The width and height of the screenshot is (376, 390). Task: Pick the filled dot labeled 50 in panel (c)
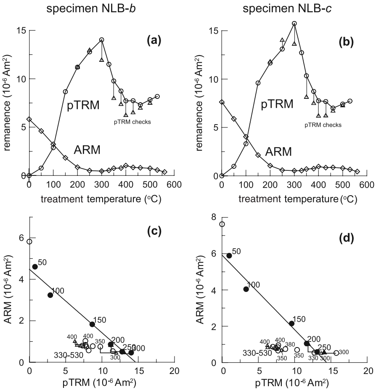[35, 266]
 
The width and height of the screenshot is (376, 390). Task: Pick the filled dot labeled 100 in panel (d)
[246, 289]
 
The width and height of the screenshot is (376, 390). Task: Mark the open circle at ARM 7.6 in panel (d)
[222, 224]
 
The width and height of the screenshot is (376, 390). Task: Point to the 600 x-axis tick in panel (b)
[367, 185]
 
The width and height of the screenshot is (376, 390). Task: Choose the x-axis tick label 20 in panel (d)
[368, 372]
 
